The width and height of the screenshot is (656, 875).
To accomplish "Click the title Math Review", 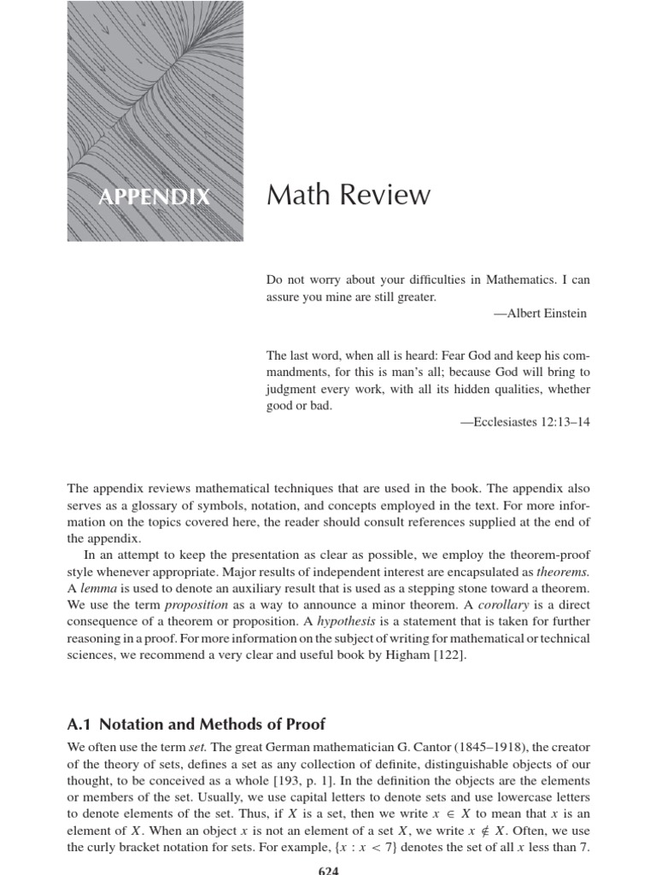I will pos(348,195).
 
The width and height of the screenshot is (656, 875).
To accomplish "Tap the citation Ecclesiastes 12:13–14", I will pos(524,422).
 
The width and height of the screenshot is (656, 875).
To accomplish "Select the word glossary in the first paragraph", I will pos(176,506).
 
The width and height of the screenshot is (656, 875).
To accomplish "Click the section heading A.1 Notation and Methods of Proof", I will pos(196,724).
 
